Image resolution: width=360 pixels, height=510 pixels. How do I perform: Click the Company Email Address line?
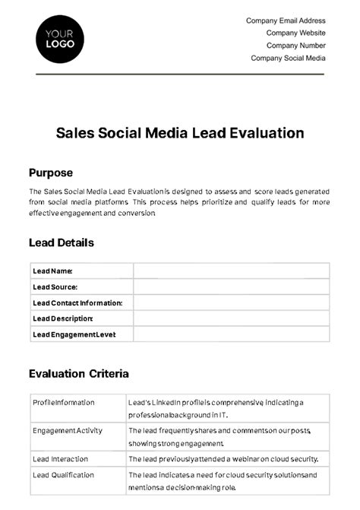(x=286, y=21)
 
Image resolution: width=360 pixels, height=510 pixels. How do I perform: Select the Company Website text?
(x=295, y=33)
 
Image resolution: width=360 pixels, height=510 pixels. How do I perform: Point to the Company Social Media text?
(x=288, y=58)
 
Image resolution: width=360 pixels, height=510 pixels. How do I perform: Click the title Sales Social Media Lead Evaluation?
(x=180, y=133)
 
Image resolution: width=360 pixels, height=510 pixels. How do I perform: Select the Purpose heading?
(x=50, y=173)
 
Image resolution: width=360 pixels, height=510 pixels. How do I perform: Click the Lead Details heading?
(x=61, y=243)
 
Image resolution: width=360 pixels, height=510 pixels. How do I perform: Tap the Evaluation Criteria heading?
(x=78, y=374)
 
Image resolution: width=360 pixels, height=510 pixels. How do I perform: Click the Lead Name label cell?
(x=52, y=271)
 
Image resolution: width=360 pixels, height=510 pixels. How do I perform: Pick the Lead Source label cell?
(x=55, y=287)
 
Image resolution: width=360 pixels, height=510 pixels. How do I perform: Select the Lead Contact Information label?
(x=77, y=303)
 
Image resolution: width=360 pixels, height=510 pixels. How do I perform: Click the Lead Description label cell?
(x=62, y=318)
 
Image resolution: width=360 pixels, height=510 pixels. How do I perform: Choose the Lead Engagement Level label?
(x=74, y=334)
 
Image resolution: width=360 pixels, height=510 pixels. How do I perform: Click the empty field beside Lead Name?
(x=231, y=271)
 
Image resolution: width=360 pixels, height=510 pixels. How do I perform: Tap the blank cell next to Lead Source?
(x=231, y=287)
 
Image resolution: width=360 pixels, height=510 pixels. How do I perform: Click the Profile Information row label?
(x=64, y=403)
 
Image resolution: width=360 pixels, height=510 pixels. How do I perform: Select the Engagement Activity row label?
(x=68, y=431)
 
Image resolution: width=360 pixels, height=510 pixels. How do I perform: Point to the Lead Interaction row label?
(x=60, y=459)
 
